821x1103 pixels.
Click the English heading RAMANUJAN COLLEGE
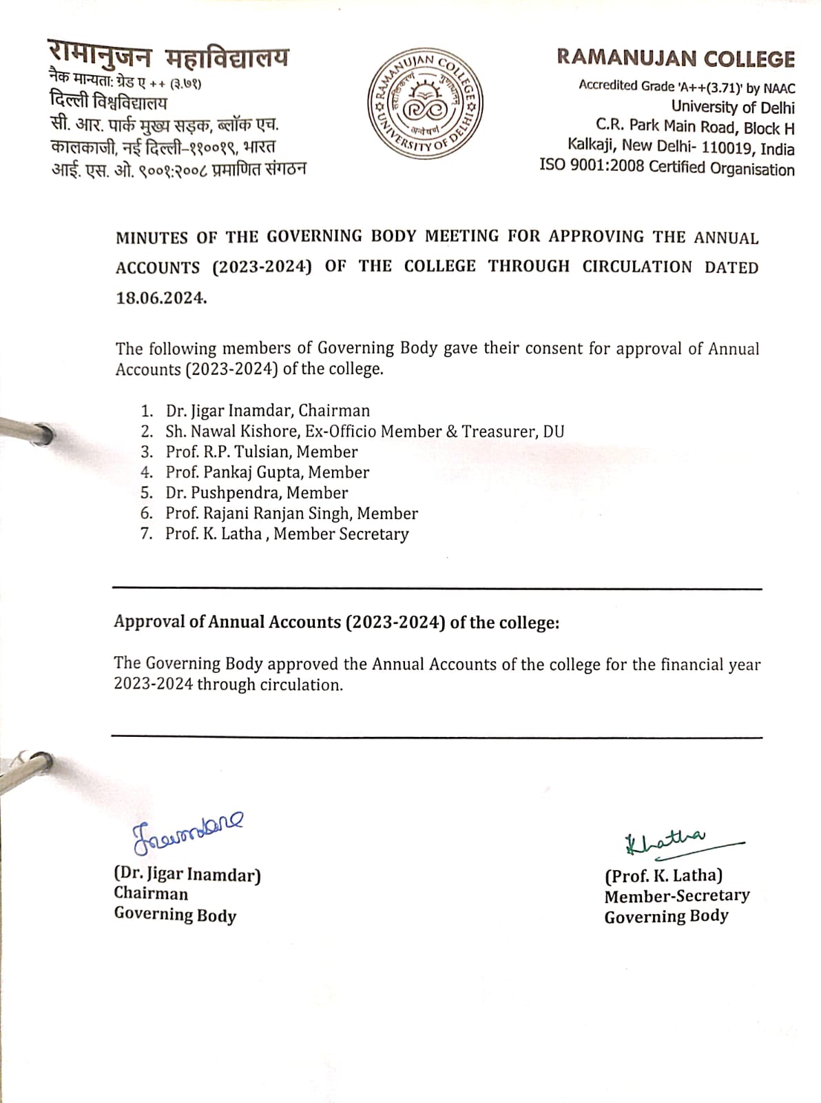click(x=675, y=59)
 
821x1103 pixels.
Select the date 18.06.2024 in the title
click(x=160, y=298)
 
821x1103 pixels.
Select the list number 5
click(x=146, y=493)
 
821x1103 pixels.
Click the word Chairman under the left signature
click(x=151, y=894)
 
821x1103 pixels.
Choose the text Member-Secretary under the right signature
click(x=676, y=896)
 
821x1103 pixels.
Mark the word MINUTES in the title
click(x=152, y=238)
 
